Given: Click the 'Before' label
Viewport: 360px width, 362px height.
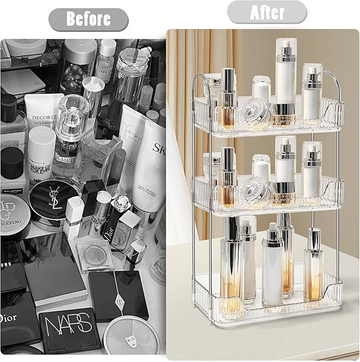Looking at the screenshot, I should (x=88, y=19).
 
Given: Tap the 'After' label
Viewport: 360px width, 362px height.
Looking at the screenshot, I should (x=267, y=12).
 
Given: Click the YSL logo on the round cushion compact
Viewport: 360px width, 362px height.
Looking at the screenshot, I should (x=56, y=195).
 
